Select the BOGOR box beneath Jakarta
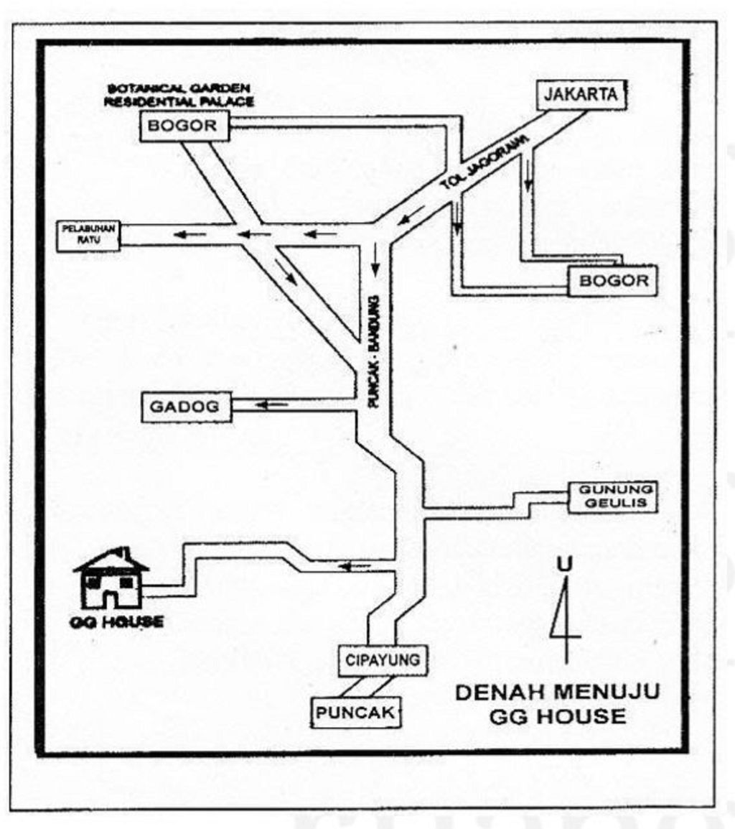point(613,280)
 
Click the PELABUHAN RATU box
point(88,236)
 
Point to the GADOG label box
point(186,407)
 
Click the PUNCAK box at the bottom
point(355,713)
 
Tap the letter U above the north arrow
point(566,564)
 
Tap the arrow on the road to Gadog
point(273,406)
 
